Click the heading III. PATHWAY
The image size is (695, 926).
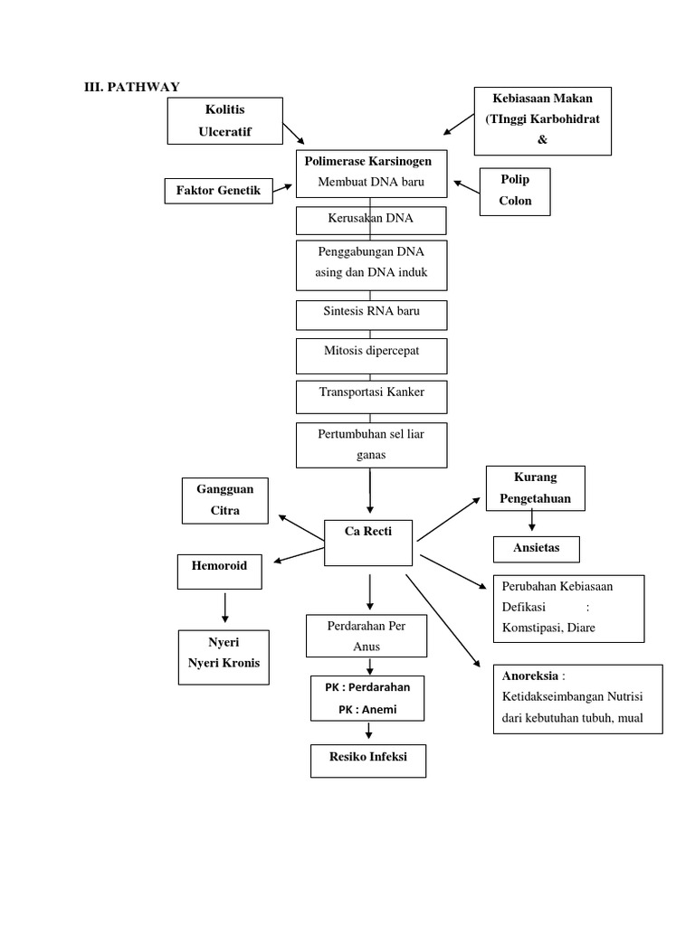131,87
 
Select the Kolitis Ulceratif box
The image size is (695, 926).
225,121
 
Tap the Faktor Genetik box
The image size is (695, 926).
218,191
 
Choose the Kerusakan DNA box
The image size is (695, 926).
371,220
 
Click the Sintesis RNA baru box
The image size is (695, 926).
371,314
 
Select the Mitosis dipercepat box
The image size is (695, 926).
371,354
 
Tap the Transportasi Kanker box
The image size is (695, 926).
371,396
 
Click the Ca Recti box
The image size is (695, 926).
368,542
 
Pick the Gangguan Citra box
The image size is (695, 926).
225,500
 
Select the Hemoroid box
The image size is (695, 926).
219,572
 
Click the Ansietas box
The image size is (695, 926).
536,549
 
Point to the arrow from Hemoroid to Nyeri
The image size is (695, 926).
224,607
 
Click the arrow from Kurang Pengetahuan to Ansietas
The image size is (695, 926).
532,520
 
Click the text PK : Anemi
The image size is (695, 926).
367,710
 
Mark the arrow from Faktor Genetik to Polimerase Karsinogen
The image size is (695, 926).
283,188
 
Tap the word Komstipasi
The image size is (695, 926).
534,628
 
